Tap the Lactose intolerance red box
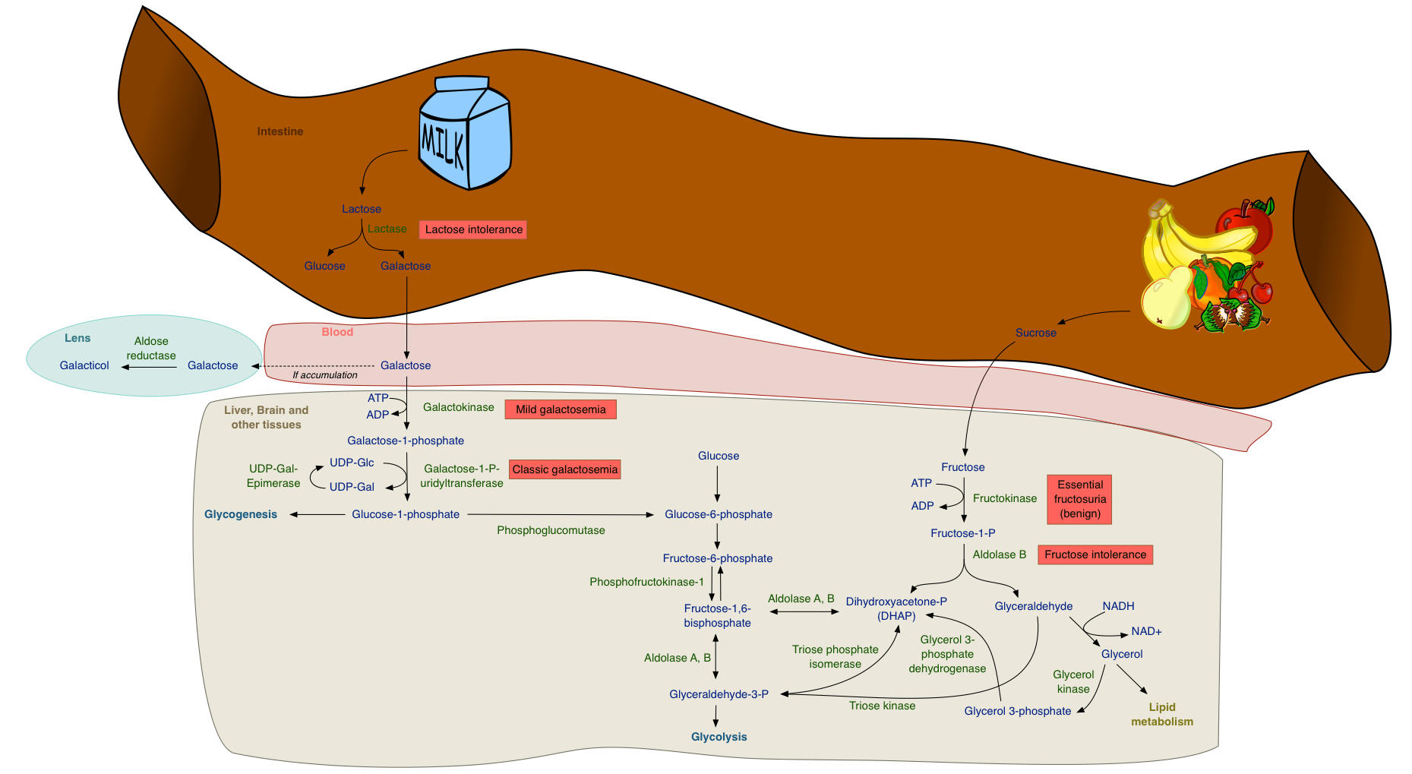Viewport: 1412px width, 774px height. (x=473, y=229)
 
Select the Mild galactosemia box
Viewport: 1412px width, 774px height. (x=561, y=409)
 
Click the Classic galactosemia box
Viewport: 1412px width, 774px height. (x=565, y=469)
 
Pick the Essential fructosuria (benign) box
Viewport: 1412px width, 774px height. (x=1079, y=499)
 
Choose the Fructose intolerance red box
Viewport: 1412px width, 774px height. (x=1095, y=554)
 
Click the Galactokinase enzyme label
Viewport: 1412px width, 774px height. (x=459, y=407)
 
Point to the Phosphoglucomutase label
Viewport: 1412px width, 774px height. (x=551, y=530)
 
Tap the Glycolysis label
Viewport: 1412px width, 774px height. (x=719, y=737)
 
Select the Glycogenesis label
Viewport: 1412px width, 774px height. (x=241, y=514)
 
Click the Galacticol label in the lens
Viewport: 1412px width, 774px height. (x=84, y=365)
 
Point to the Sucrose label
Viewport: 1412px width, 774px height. (x=1036, y=333)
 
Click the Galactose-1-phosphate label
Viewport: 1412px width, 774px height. (x=406, y=441)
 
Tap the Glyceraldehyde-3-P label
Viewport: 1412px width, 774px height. (x=719, y=694)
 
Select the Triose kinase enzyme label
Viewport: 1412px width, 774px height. (x=882, y=706)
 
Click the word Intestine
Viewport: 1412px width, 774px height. (x=280, y=131)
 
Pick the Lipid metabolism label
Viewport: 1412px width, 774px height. (x=1162, y=714)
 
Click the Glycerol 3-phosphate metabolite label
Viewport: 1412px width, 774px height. (x=1018, y=711)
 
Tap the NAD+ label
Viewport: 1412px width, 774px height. (x=1146, y=631)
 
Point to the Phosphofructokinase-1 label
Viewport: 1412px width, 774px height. (x=646, y=582)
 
